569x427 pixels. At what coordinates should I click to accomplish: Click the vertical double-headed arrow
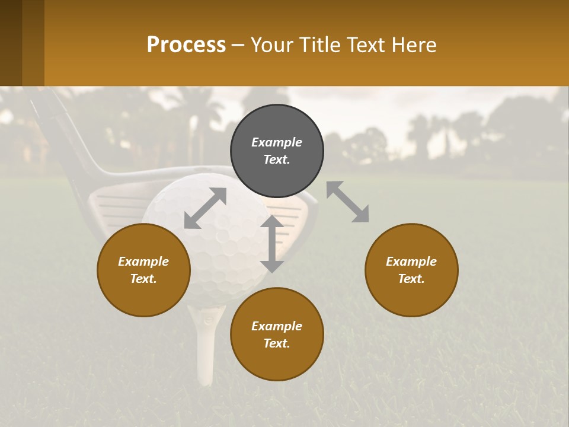(x=272, y=244)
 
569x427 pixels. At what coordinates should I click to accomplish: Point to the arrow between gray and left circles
(x=205, y=208)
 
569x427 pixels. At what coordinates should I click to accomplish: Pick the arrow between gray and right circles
(x=348, y=202)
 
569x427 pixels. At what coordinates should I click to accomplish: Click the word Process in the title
(x=186, y=44)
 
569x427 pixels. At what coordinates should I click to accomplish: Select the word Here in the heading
(x=414, y=44)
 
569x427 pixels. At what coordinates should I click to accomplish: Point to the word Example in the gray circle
(x=277, y=142)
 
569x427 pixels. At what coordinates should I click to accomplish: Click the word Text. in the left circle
(x=143, y=279)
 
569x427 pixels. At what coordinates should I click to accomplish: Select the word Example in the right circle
(x=411, y=262)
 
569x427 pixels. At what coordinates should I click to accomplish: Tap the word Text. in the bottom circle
(x=277, y=343)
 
